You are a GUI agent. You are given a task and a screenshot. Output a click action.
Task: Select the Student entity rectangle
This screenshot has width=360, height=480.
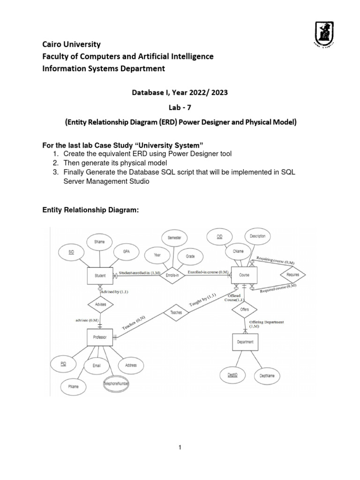(x=100, y=276)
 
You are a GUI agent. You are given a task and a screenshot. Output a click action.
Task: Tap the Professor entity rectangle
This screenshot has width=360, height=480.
(x=100, y=337)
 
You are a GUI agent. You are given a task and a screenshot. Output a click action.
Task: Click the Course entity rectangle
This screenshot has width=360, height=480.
(x=244, y=275)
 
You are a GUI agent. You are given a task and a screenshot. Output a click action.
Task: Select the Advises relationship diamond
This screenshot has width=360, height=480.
(x=100, y=304)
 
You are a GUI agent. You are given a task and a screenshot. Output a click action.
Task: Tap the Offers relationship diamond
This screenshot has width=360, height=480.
(x=244, y=310)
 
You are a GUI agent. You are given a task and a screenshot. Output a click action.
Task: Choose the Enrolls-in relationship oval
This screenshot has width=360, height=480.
(x=172, y=276)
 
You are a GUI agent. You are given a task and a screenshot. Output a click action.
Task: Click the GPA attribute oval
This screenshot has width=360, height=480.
(x=127, y=251)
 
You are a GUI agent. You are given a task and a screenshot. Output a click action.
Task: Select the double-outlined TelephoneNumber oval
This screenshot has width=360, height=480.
(x=116, y=384)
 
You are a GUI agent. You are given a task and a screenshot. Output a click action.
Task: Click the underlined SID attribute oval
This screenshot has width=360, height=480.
(x=71, y=252)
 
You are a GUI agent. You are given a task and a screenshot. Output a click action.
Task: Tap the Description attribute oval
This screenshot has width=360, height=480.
(x=257, y=236)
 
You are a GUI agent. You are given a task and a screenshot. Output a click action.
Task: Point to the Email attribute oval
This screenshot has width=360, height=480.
(x=97, y=366)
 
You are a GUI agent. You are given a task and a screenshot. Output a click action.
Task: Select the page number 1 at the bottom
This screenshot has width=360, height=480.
(x=180, y=448)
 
